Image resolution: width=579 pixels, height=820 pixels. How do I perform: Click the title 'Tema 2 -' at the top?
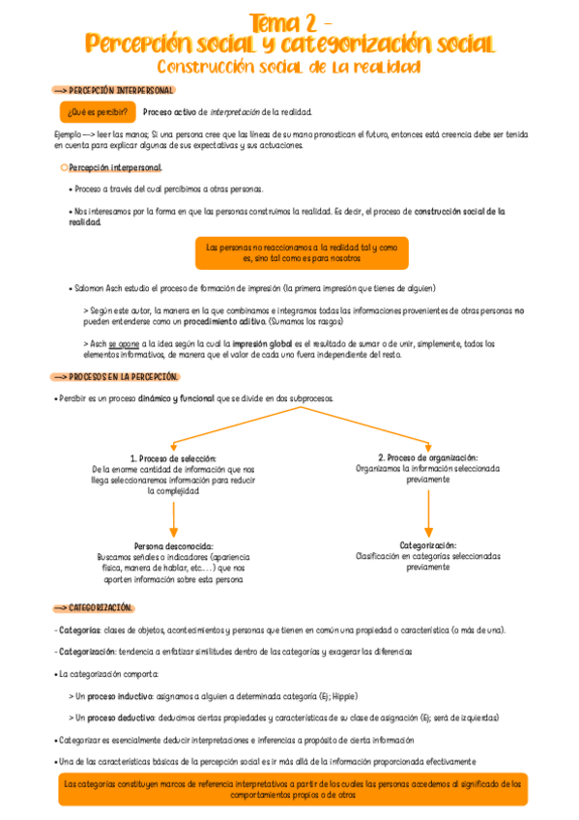tap(291, 21)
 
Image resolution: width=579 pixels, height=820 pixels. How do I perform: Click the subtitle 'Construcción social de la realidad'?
tap(289, 68)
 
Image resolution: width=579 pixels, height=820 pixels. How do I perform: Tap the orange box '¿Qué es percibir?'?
tap(94, 112)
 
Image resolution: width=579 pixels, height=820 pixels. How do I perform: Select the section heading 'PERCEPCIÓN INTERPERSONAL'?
tap(121, 90)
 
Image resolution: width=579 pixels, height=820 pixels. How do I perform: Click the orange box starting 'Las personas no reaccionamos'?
tap(302, 252)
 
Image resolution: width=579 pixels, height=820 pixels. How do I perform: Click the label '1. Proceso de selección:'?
tap(173, 458)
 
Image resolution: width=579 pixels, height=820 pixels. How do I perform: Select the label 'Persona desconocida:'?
tap(174, 545)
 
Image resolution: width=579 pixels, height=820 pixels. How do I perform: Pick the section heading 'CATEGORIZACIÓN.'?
tap(100, 607)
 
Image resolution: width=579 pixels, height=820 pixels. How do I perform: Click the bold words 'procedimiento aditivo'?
tap(224, 320)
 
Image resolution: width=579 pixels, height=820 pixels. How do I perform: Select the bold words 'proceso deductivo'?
tap(120, 717)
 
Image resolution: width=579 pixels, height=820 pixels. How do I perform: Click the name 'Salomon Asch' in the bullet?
tap(102, 288)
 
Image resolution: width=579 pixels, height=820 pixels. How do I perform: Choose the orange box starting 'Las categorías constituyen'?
tap(290, 789)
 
